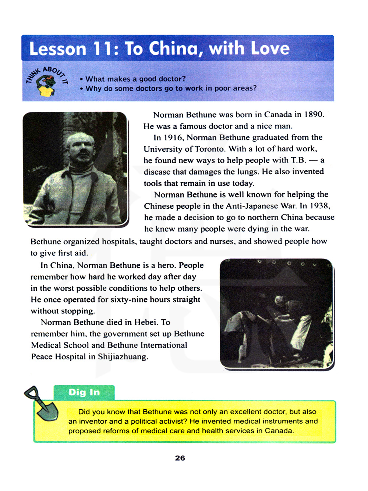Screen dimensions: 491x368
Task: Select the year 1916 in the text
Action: [173, 137]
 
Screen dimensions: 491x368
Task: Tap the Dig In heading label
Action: [84, 392]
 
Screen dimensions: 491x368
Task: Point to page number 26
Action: [180, 458]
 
